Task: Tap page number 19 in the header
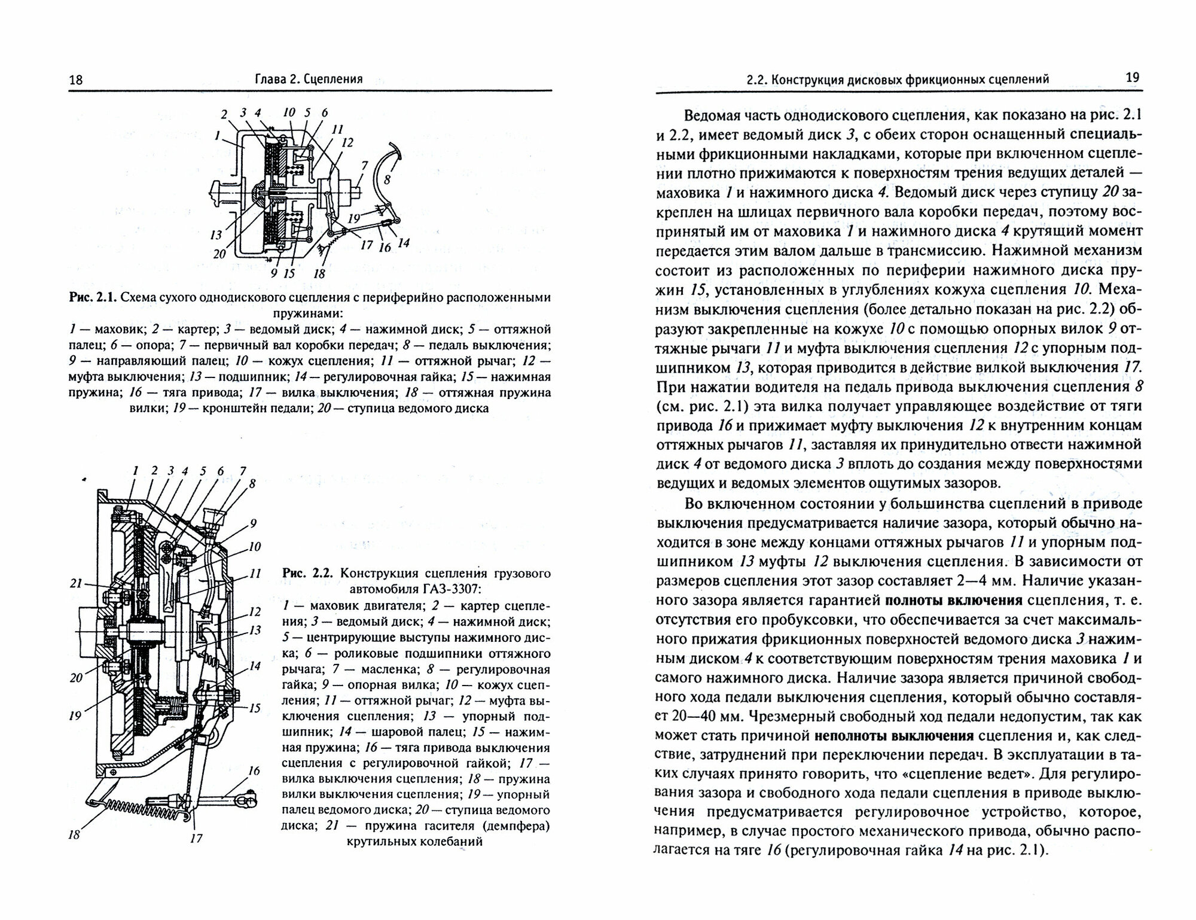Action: [x=1132, y=78]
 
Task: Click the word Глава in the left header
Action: [x=271, y=79]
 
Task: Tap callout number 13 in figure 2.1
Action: [x=216, y=234]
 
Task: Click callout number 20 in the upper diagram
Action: [x=219, y=254]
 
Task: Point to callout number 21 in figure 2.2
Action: [x=75, y=583]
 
